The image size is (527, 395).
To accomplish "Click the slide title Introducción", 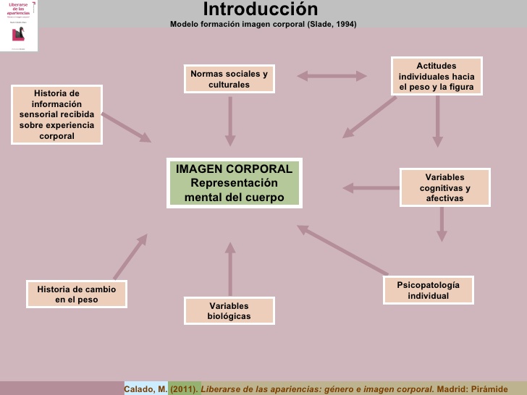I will (260, 9).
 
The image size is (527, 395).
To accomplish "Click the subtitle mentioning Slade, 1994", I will (263, 24).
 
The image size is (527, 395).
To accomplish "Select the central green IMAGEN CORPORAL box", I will (234, 183).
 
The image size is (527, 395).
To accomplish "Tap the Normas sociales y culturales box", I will (229, 79).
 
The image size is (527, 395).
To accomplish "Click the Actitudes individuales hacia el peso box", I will (436, 76).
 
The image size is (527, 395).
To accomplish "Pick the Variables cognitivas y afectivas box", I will (444, 187).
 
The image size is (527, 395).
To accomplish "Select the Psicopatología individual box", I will (428, 290).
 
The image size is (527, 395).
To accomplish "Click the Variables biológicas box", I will (229, 311).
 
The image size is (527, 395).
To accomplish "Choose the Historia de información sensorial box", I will (56, 114).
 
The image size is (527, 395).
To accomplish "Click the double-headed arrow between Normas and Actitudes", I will (332, 75).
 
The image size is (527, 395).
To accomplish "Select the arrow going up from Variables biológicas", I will (230, 268).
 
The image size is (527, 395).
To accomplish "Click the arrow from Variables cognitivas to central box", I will (370, 188).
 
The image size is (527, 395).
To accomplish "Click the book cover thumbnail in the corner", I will (19, 26).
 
